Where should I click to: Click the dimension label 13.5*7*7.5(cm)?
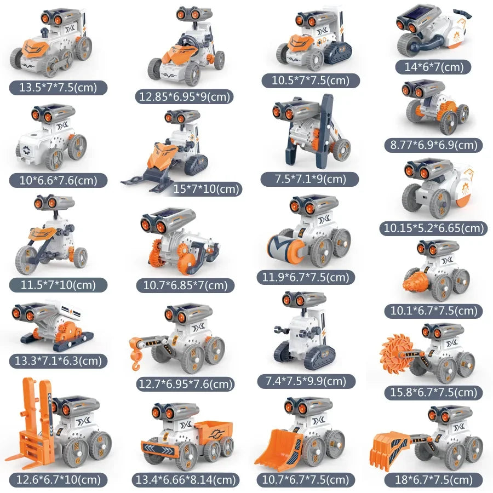58,87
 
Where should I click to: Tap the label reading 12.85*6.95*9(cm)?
185,97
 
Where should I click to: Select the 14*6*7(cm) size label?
433,67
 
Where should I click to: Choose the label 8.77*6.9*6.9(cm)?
433,145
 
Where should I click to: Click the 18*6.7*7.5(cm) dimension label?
433,479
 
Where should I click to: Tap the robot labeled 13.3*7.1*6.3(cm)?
52,326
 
